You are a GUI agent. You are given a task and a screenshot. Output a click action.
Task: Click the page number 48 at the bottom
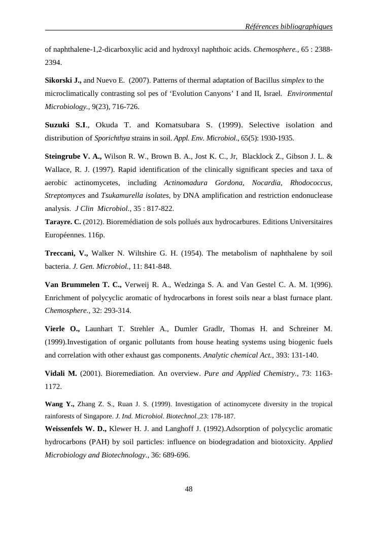[189, 489]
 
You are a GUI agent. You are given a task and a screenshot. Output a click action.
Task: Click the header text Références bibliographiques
[288, 26]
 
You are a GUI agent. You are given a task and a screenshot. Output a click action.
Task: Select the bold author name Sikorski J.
[63, 80]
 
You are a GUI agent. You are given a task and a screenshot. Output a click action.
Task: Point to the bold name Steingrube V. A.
[73, 156]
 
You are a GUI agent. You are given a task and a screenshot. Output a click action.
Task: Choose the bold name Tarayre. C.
[63, 222]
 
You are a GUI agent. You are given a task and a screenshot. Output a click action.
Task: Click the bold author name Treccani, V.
[66, 253]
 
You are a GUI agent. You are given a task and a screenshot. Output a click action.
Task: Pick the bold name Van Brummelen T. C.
[83, 284]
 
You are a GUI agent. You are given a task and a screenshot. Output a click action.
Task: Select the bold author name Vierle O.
[62, 329]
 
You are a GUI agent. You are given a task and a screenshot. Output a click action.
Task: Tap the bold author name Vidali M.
[61, 373]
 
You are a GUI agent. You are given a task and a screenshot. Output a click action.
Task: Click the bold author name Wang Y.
[59, 404]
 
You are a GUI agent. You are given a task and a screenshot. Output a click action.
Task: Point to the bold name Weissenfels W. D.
[76, 429]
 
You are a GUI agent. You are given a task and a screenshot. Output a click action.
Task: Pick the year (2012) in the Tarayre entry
[93, 222]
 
